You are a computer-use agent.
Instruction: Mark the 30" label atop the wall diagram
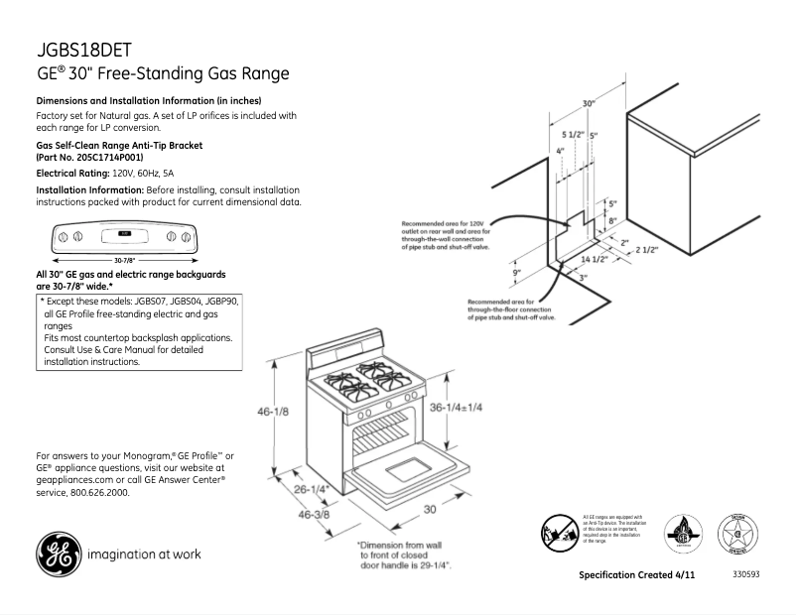[589, 103]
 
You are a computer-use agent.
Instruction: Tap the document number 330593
[745, 575]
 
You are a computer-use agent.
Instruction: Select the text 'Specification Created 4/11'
[636, 576]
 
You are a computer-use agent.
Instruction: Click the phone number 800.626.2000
[97, 492]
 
